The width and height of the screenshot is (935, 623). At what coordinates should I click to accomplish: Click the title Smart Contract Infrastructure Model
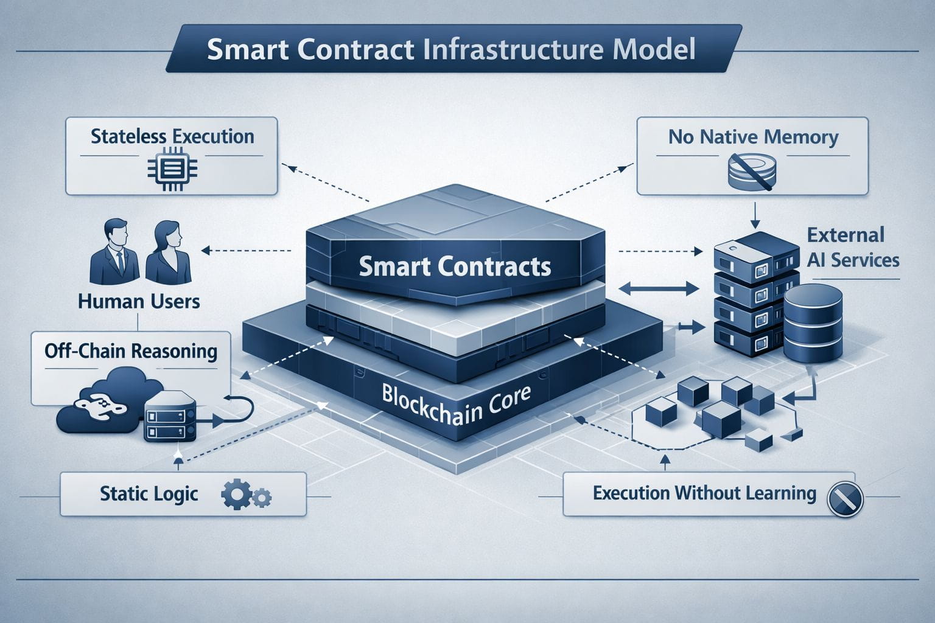point(450,50)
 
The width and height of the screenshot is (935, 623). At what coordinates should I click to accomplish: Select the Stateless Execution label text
point(172,136)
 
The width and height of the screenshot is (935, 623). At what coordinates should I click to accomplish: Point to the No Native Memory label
point(753,137)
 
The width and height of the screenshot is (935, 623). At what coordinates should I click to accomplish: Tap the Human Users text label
point(139,301)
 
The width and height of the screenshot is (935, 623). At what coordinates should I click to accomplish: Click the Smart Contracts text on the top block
point(455,266)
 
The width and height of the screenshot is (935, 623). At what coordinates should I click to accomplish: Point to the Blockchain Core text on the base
point(456,403)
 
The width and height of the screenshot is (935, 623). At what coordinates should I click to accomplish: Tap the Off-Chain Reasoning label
point(131,352)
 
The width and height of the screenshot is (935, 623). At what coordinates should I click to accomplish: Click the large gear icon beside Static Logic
point(234,495)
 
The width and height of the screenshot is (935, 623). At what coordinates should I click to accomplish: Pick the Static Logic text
point(149,493)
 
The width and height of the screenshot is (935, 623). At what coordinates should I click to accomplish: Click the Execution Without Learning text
point(704,493)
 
